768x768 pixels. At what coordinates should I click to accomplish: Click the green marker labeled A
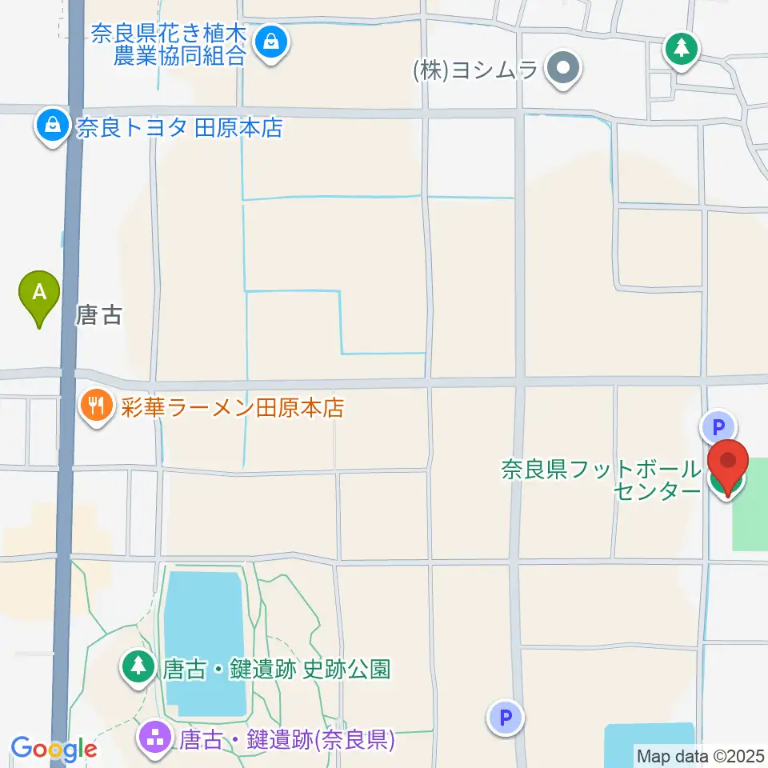(38, 294)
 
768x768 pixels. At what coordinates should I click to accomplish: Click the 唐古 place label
(99, 315)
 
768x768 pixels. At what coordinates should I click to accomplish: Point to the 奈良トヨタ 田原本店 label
(179, 128)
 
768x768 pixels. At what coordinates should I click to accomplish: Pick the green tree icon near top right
(682, 50)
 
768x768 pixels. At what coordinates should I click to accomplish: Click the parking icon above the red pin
(718, 426)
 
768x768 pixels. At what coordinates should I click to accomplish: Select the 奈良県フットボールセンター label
(602, 479)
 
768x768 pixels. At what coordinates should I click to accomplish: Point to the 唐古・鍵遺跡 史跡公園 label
(276, 669)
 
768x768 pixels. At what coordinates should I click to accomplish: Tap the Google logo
(54, 749)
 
